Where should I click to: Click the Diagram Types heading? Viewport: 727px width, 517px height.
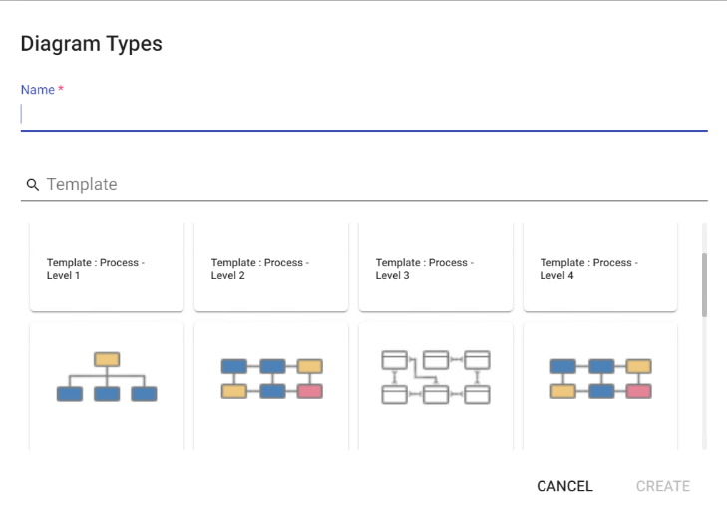[92, 44]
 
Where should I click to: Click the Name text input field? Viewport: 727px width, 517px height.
[364, 115]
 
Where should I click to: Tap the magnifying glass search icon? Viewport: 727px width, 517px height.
[33, 185]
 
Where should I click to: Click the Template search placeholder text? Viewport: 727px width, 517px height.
[82, 185]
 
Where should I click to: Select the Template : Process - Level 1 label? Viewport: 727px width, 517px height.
[96, 269]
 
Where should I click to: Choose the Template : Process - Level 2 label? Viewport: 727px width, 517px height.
[260, 269]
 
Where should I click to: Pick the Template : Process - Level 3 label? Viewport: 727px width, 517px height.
[425, 269]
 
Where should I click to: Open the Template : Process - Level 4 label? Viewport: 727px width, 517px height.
[588, 269]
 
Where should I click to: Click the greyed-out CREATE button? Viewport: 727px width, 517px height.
[663, 486]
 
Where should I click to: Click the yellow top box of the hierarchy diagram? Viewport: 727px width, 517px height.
[107, 359]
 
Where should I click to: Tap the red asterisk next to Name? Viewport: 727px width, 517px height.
[61, 88]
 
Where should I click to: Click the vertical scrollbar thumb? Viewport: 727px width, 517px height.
[704, 285]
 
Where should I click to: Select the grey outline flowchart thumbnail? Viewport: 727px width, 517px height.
[436, 377]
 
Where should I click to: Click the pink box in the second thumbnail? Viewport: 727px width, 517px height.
[310, 391]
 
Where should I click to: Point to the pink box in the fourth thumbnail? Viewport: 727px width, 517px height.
[638, 391]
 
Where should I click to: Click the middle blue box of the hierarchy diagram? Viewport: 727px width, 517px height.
[107, 394]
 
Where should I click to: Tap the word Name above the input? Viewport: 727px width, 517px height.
[38, 90]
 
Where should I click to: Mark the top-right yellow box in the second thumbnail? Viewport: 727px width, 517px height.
[310, 366]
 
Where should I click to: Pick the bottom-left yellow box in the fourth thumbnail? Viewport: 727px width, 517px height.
[562, 391]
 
